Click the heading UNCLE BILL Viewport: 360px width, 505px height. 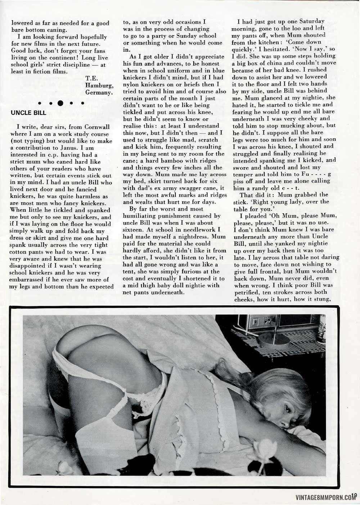pos(29,113)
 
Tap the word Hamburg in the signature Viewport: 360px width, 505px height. pos(100,85)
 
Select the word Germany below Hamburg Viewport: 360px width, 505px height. pos(100,92)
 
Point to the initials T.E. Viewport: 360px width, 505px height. pos(91,78)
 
